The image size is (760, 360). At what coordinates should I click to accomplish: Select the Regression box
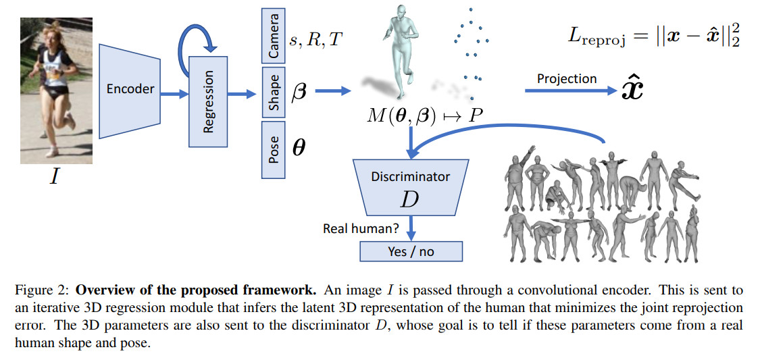point(208,101)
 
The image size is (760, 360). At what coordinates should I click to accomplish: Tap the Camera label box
point(274,34)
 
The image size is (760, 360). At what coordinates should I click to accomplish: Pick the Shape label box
point(274,93)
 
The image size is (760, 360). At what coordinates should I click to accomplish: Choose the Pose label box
point(274,149)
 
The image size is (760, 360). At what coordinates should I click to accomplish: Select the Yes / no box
point(411,251)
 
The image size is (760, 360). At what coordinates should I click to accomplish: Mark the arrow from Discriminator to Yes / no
point(411,226)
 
